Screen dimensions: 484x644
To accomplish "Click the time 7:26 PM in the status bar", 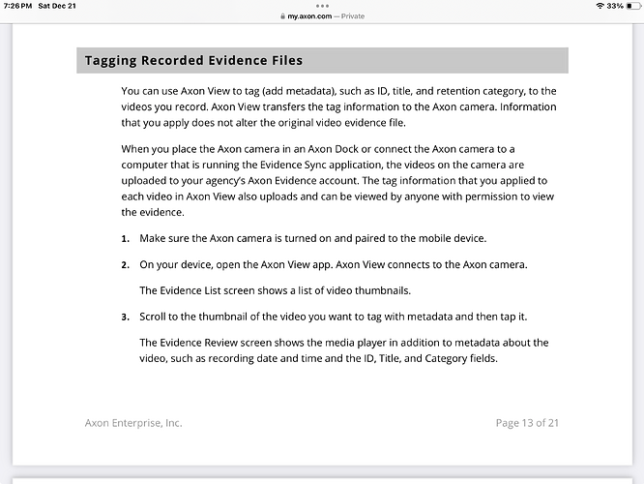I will tap(20, 6).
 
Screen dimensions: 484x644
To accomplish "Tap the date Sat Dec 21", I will tap(60, 6).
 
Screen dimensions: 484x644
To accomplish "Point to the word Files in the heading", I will tap(282, 60).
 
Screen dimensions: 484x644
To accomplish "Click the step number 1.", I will tap(125, 238).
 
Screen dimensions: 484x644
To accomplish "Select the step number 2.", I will tap(125, 264).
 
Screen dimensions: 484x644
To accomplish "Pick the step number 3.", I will tap(125, 317).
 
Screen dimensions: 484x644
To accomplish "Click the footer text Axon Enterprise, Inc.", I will tap(133, 422).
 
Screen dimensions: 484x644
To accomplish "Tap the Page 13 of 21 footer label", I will tap(527, 422).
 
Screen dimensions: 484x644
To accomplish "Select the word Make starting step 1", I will tap(155, 238).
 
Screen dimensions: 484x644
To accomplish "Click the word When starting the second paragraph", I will tap(138, 147).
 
